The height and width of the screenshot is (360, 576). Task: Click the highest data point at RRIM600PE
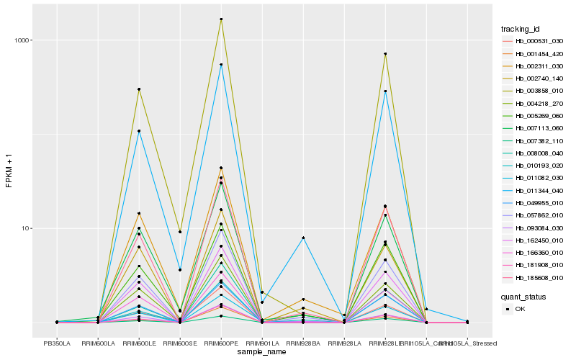click(221, 19)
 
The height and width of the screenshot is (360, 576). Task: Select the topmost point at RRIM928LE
click(385, 54)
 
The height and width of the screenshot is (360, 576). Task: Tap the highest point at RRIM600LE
click(139, 89)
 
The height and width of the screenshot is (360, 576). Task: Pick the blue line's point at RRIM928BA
click(303, 238)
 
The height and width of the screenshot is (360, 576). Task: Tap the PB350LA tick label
click(57, 343)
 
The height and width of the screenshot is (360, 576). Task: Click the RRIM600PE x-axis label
click(221, 343)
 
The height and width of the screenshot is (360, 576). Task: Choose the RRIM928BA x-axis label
click(303, 343)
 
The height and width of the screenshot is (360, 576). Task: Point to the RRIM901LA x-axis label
click(262, 343)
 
